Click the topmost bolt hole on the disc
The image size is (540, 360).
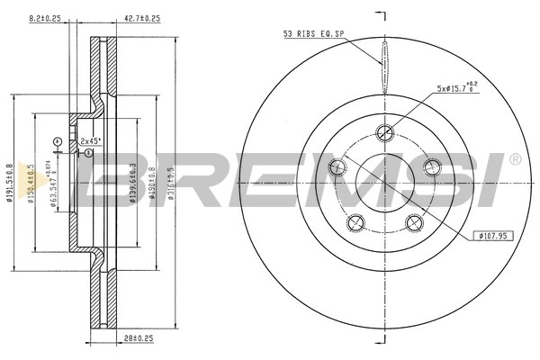coord(386,132)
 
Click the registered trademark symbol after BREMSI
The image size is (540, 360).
coord(515,159)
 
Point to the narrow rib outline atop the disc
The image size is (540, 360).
coord(386,67)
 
